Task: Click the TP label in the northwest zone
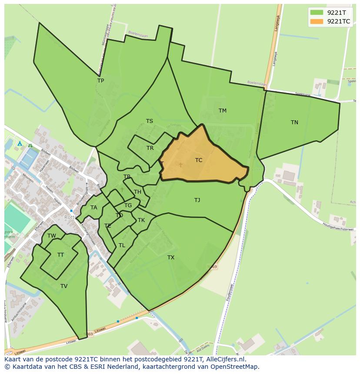100,81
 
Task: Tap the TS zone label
149,121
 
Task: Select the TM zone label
222,111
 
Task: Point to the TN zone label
294,122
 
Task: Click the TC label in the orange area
199,160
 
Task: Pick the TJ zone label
197,200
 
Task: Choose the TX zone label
171,258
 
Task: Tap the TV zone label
64,286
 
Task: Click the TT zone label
60,255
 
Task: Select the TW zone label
52,236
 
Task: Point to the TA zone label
93,208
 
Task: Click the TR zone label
150,148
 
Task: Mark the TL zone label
122,245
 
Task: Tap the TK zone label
141,220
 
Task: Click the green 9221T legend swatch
317,13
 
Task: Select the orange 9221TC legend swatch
317,21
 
